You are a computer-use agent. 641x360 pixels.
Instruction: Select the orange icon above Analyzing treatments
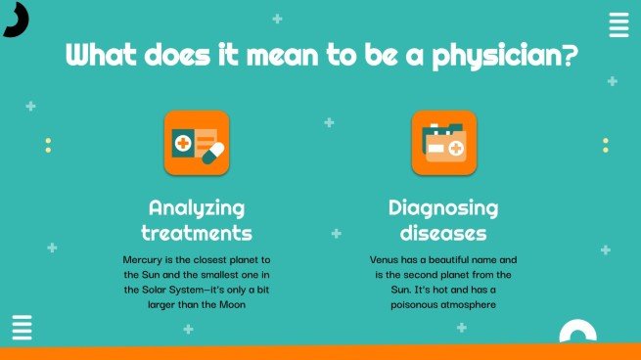pos(197,143)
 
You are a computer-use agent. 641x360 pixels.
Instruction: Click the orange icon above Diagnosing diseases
pos(443,143)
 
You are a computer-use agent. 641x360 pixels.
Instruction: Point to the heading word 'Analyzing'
pos(197,208)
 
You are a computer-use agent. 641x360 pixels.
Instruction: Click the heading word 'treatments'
pos(197,233)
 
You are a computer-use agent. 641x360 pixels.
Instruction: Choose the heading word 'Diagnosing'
pos(443,207)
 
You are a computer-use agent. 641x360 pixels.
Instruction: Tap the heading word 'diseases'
pos(443,233)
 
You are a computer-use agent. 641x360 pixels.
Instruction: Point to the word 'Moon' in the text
pos(229,304)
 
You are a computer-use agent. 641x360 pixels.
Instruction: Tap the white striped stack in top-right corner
pos(618,25)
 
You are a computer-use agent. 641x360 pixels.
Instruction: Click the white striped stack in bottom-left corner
pos(22,328)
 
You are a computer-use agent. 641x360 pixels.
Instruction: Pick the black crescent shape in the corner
pos(15,18)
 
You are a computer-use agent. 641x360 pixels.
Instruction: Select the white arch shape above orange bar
pos(577,333)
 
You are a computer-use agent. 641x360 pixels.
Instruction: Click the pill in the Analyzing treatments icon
pos(212,152)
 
